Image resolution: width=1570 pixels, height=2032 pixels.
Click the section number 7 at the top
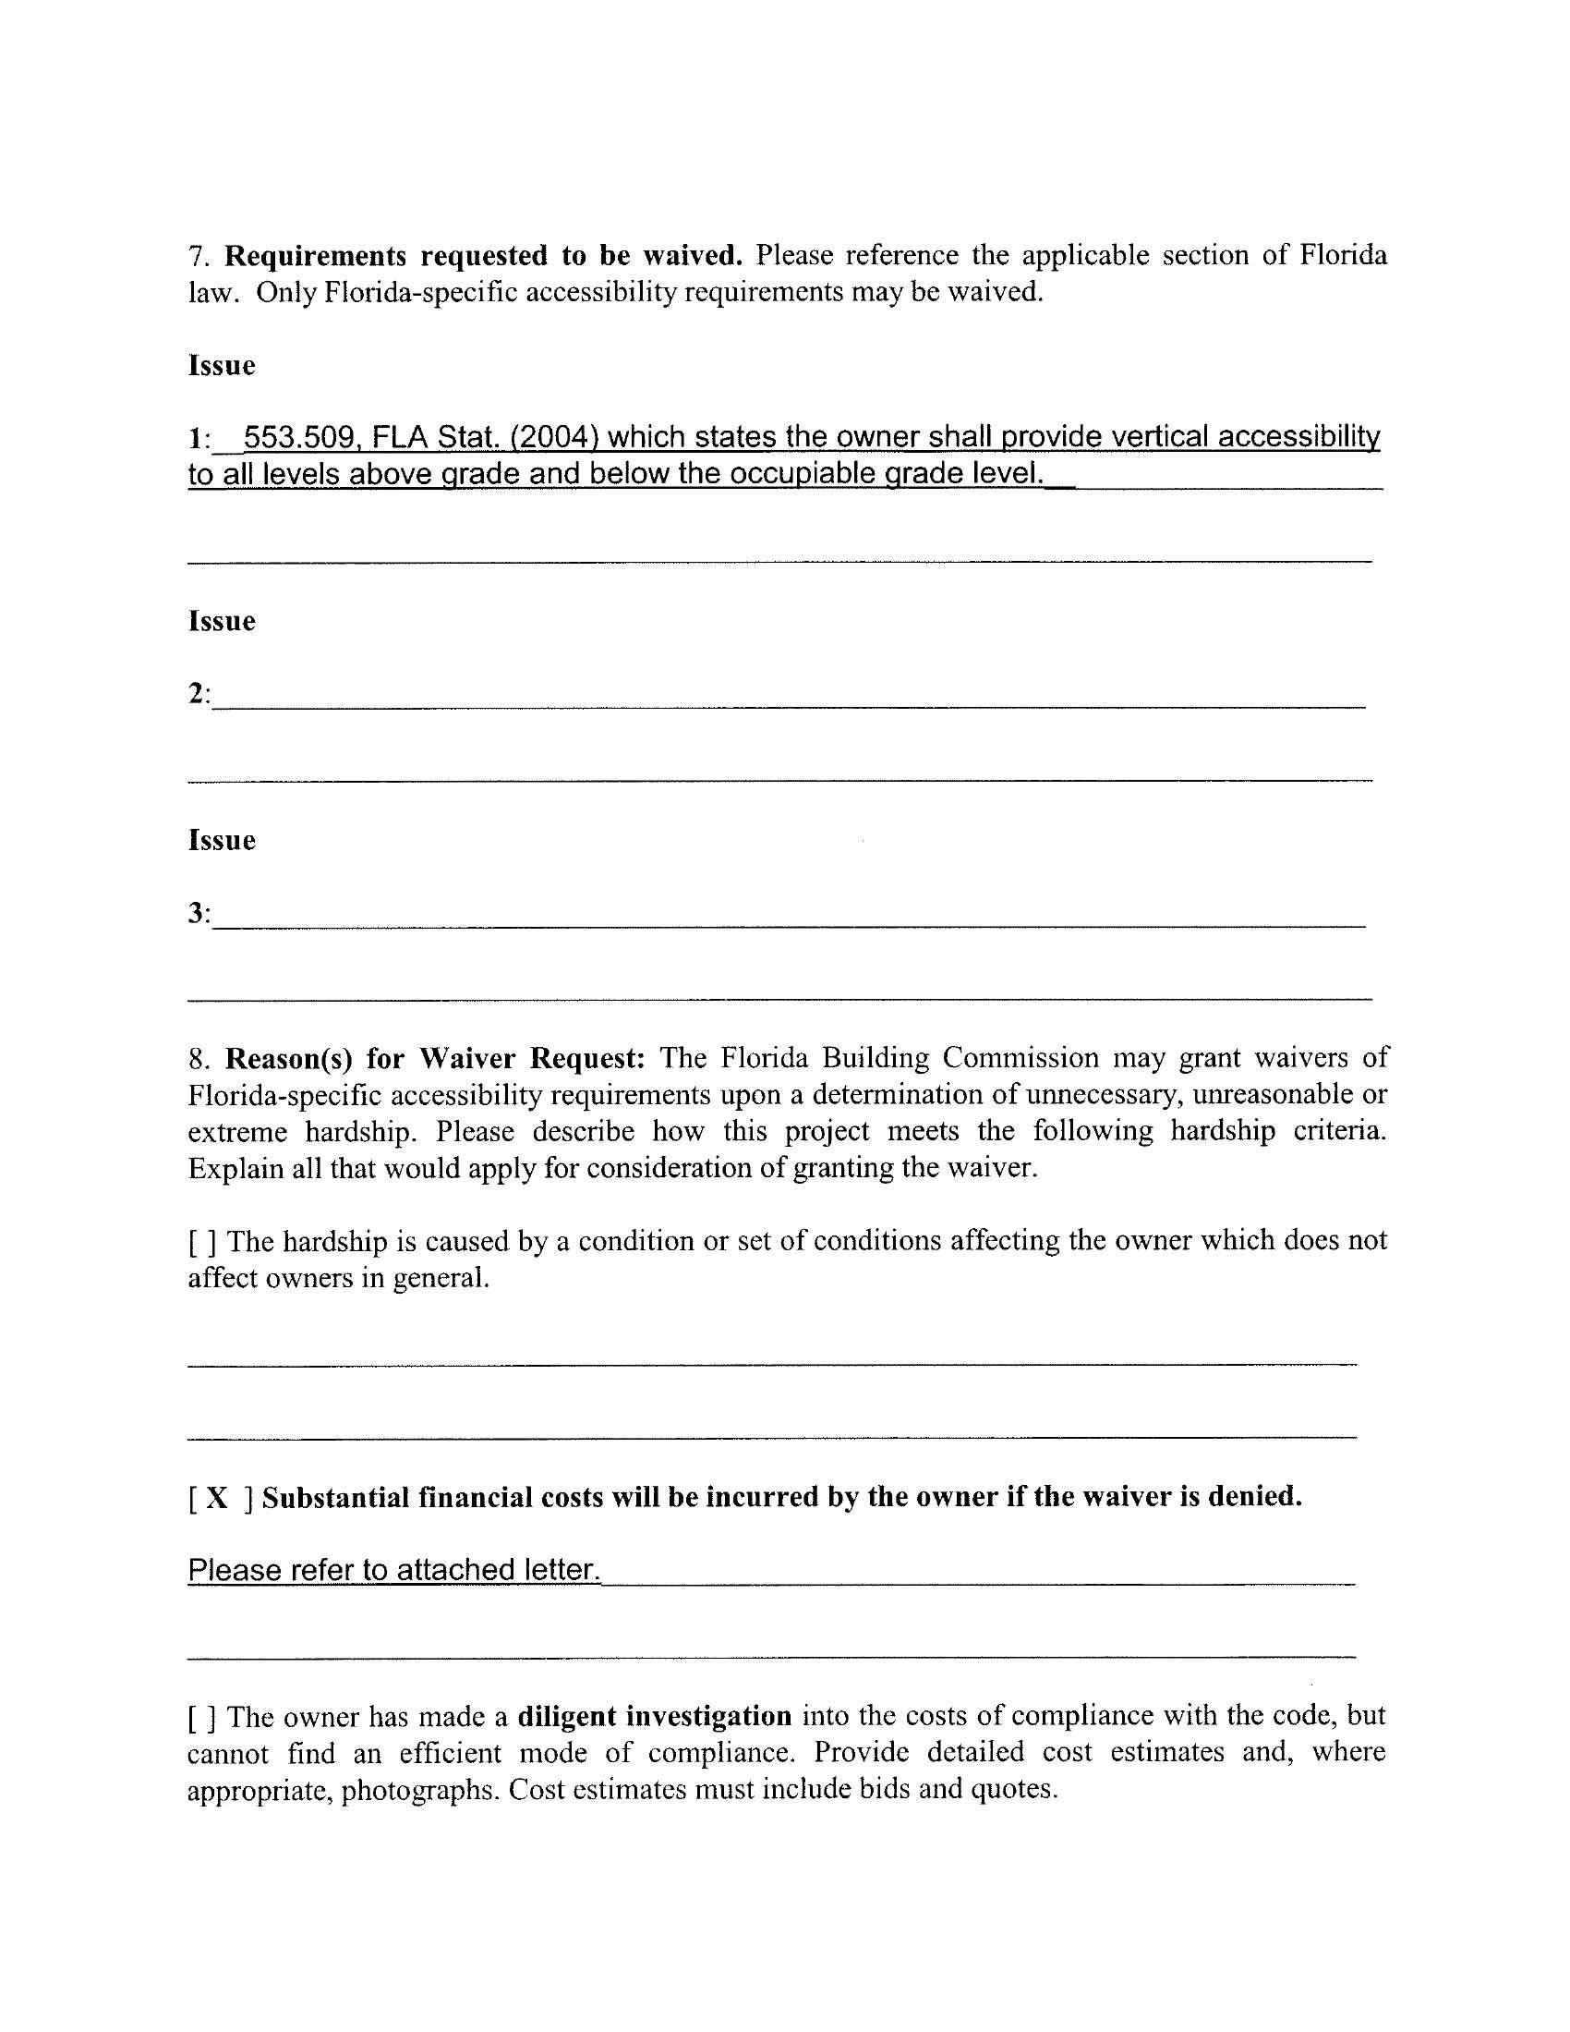194,256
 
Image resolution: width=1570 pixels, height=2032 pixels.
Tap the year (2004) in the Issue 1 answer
552,436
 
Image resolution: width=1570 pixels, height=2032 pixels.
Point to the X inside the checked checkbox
216,1497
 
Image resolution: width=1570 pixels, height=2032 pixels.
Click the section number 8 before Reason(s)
195,1059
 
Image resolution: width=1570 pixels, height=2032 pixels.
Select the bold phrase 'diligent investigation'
654,1716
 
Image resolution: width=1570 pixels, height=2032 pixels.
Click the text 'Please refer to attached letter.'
394,1571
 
